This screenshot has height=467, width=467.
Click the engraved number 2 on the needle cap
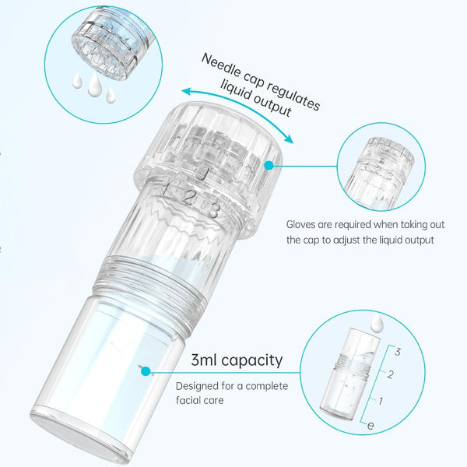coord(189,198)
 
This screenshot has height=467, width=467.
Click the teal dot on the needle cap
coord(269,166)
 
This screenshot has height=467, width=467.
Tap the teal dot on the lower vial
coord(146,371)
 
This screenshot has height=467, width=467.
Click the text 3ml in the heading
coord(204,360)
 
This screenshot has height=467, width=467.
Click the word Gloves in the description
coord(300,224)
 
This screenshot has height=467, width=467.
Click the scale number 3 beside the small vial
coord(398,352)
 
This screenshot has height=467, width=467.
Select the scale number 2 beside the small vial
coord(390,374)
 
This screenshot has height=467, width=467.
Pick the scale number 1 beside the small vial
coord(381,401)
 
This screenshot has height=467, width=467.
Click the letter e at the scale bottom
coord(370,426)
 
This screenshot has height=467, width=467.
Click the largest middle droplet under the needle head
coord(95,83)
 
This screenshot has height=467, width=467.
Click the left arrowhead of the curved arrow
coord(187,91)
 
